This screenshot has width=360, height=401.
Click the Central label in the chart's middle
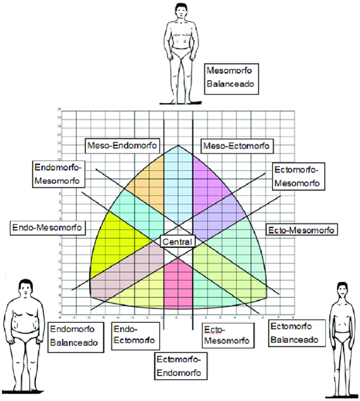point(177,242)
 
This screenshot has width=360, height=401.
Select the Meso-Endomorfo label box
point(117,145)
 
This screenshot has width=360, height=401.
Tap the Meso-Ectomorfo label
point(236,145)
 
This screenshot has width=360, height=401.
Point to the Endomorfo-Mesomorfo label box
point(56,174)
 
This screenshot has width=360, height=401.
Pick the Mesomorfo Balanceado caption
point(230,77)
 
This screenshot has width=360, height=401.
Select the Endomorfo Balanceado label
point(75,336)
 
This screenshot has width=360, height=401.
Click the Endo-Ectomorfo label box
point(135,335)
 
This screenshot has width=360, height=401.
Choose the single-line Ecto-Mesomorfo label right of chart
point(301,230)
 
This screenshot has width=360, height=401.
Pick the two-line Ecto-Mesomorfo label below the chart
point(226,335)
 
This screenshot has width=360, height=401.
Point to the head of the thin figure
point(341,288)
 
